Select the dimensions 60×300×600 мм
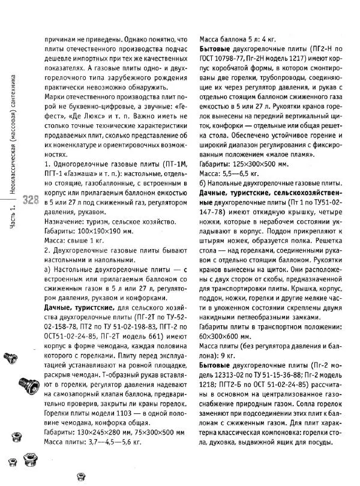tap(227, 336)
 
